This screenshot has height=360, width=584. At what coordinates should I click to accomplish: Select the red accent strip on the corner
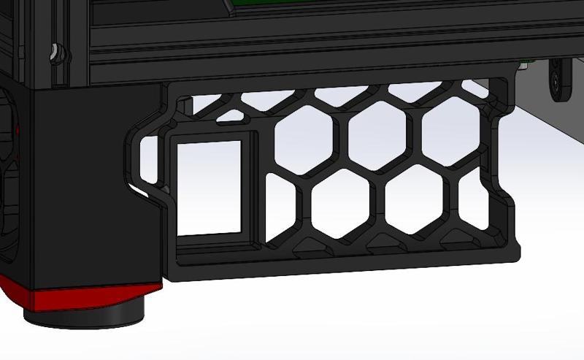pos(73,296)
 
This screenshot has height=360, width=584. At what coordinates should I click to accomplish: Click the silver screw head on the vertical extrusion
pos(55,53)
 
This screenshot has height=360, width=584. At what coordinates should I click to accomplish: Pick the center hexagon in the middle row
pos(376,133)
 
